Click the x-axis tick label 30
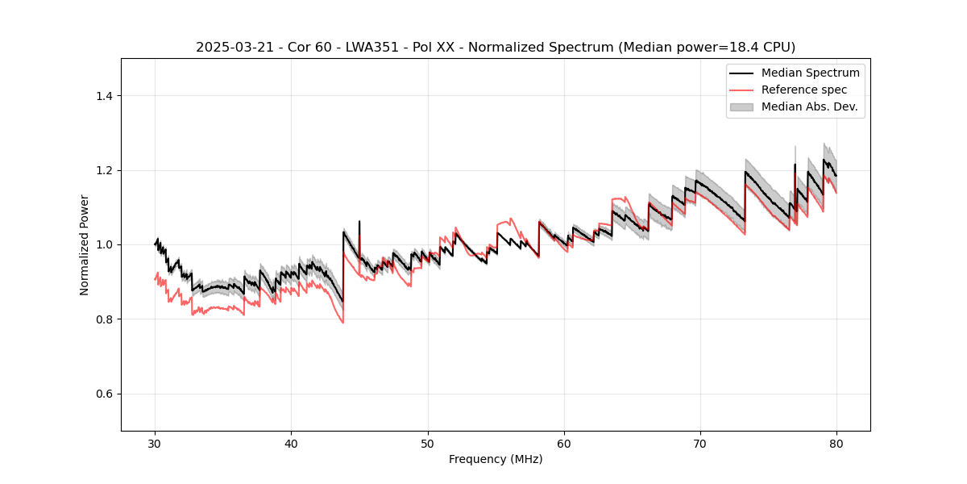(156, 444)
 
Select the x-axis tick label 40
(292, 444)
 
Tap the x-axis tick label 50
(428, 444)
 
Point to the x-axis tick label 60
(564, 444)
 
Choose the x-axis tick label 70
(700, 444)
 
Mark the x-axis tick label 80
(836, 444)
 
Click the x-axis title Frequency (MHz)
(496, 459)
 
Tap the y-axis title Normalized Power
(84, 244)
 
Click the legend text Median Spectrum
(810, 73)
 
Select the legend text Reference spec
(804, 90)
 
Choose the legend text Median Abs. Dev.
(809, 106)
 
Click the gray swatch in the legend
(741, 106)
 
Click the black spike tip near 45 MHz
(359, 221)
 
